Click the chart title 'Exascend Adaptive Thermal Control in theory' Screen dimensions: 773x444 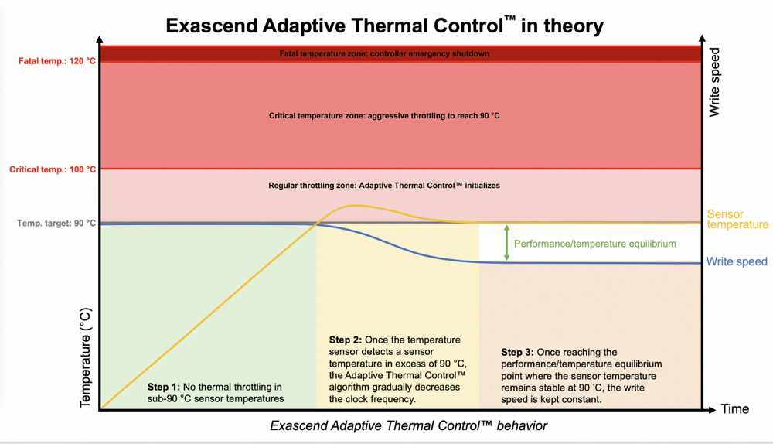pos(384,26)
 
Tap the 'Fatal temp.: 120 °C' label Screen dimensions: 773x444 pos(57,61)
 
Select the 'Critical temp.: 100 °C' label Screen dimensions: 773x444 pos(53,169)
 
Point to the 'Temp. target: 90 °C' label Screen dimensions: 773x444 pos(56,224)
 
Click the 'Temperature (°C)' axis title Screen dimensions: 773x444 pos(85,358)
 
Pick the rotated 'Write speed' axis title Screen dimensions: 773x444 pos(714,82)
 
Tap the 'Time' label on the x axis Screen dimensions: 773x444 pos(735,409)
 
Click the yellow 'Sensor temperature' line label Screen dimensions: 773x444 pos(737,220)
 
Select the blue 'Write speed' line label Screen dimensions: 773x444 pos(737,261)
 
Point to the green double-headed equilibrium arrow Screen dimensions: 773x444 pos(506,243)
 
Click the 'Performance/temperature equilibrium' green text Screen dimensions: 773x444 pos(595,244)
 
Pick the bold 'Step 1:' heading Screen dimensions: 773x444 pos(164,388)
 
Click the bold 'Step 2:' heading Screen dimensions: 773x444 pos(346,340)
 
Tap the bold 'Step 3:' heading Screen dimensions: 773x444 pos(518,352)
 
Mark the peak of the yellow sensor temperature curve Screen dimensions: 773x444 pos(354,206)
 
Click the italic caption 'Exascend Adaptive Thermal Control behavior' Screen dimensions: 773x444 pos(408,426)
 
